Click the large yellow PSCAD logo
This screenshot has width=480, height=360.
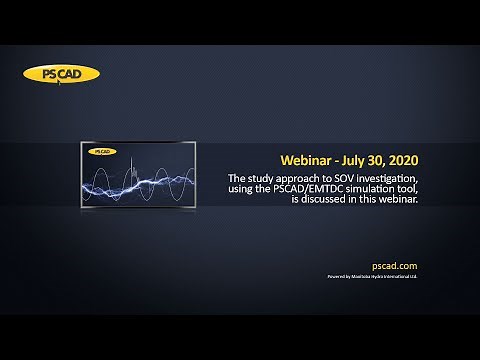[x=61, y=74]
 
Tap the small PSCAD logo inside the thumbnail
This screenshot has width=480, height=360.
[x=101, y=152]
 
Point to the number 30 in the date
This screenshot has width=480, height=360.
[x=385, y=160]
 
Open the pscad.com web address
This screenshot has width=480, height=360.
[x=394, y=266]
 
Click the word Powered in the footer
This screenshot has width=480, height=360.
[x=337, y=275]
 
